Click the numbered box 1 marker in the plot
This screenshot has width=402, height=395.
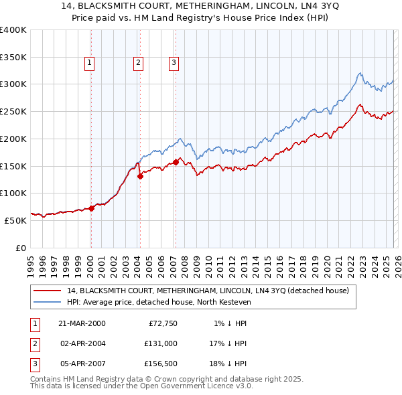[x=89, y=63]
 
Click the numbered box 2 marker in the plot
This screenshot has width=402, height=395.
[x=138, y=63]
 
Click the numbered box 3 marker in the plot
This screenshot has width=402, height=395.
[x=174, y=63]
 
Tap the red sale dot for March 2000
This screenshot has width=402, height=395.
[x=92, y=208]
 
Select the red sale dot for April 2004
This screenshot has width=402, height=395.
[x=140, y=177]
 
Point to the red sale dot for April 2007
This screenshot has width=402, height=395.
[x=176, y=162]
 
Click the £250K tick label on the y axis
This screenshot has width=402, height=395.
[x=13, y=112]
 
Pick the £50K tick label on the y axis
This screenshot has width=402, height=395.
[x=15, y=220]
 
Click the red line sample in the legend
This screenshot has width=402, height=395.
[x=47, y=291]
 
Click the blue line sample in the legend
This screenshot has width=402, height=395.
[x=47, y=303]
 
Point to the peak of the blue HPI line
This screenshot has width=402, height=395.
[x=360, y=73]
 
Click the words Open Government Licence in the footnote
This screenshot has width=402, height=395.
[x=184, y=386]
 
